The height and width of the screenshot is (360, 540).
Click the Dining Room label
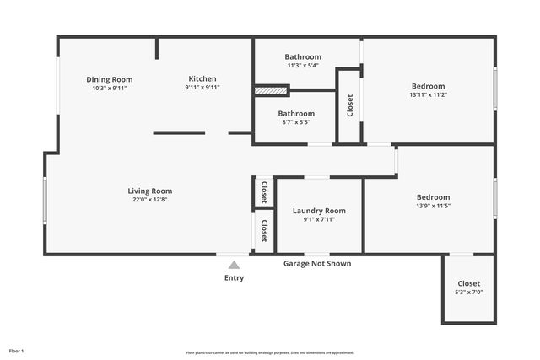(110, 79)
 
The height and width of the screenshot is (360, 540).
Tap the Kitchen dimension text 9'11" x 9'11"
(202, 88)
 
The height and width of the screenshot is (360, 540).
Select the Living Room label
(150, 191)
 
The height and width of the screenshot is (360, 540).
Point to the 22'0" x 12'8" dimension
(150, 200)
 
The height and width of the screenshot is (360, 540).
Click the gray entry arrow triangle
(234, 265)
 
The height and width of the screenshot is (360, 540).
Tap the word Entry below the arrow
(234, 278)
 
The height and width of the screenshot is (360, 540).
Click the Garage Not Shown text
(316, 264)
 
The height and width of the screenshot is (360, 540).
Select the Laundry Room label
(319, 211)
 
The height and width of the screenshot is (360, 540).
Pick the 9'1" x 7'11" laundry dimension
(319, 220)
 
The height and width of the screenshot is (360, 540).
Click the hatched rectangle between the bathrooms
(266, 89)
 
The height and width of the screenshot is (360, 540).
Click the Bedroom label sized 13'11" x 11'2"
(428, 86)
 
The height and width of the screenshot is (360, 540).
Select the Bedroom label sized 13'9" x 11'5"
(433, 196)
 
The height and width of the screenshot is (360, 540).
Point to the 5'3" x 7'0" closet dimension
(469, 293)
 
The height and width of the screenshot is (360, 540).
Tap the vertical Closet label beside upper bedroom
(350, 105)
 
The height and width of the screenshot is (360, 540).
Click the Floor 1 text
(17, 350)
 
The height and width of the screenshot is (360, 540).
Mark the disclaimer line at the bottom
(270, 352)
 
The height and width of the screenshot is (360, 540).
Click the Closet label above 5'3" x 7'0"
(469, 283)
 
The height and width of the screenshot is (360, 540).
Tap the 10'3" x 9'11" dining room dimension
(110, 88)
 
